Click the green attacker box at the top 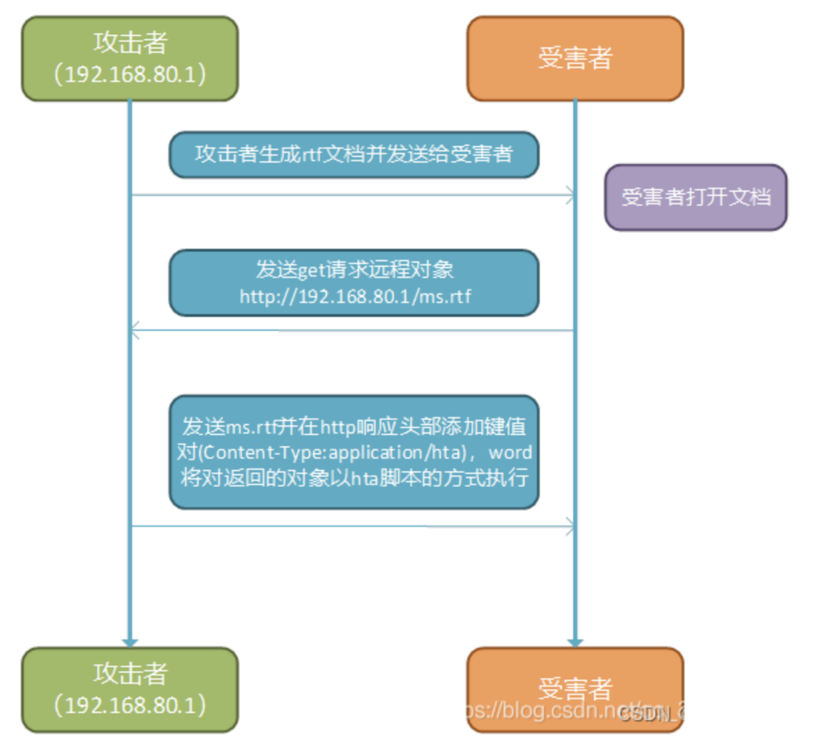click(x=130, y=58)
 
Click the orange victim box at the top click(x=575, y=58)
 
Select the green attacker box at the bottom click(x=130, y=689)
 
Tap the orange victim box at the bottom click(x=575, y=689)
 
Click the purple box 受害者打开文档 click(x=696, y=197)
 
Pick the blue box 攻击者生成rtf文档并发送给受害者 click(x=354, y=155)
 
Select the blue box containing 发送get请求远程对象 click(x=354, y=283)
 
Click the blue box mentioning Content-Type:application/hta click(x=354, y=452)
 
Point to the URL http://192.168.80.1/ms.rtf click(x=355, y=297)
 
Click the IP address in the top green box click(x=130, y=74)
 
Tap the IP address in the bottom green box click(x=130, y=705)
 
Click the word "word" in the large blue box click(x=510, y=452)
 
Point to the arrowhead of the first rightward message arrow click(x=571, y=195)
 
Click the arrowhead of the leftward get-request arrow click(x=135, y=331)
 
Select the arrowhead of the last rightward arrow click(x=571, y=526)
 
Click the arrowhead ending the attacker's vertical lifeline click(x=130, y=642)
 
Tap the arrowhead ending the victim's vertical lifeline click(x=575, y=642)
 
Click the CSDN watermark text click(x=648, y=714)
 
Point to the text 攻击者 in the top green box click(x=131, y=43)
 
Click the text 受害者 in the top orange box click(x=575, y=57)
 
